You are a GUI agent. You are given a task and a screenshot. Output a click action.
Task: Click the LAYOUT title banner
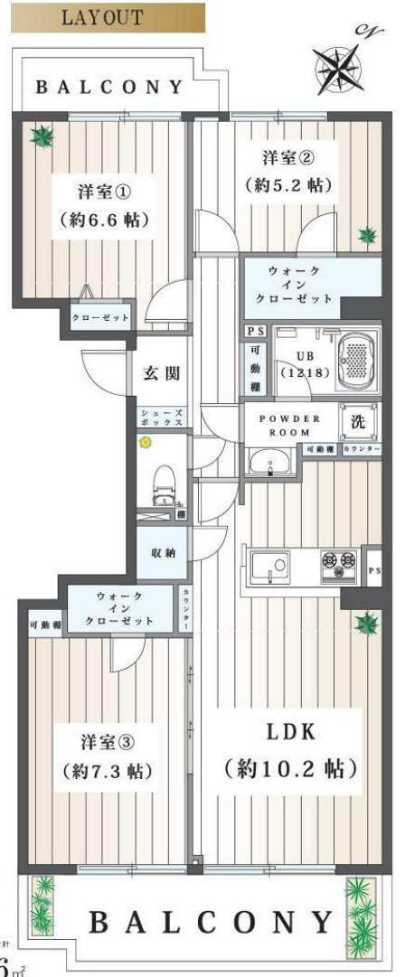[103, 18]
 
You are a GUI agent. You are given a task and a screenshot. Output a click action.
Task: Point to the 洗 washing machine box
[356, 422]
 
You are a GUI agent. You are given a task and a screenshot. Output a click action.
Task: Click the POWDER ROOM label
[290, 425]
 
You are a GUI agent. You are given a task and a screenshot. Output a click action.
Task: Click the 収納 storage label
[163, 552]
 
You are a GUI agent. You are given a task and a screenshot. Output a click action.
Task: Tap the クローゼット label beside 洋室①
[101, 317]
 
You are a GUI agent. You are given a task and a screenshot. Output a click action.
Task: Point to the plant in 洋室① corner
[40, 137]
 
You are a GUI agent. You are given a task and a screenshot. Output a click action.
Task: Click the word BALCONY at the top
[109, 88]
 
